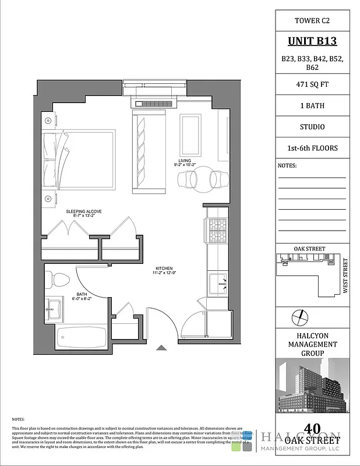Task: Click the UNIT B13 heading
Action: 313,41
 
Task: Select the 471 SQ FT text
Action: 313,84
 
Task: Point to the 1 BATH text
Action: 313,105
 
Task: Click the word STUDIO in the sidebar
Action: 313,126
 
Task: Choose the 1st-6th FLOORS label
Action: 313,148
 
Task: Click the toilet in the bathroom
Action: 58,280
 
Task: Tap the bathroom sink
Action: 56,307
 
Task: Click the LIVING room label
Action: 185,161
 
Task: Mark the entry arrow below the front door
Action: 161,348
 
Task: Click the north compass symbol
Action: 298,316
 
